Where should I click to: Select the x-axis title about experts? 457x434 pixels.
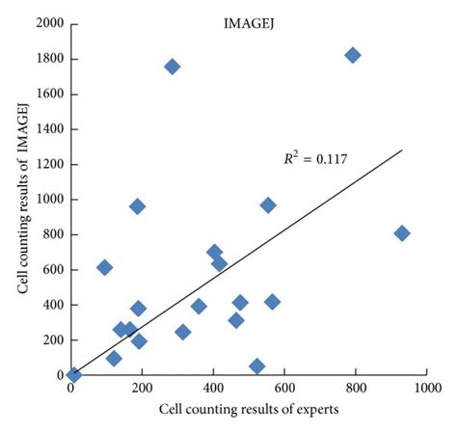[249, 412]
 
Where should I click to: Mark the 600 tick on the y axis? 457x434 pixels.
[52, 270]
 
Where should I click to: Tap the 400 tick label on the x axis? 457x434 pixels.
[213, 389]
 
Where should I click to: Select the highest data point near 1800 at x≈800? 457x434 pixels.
[353, 55]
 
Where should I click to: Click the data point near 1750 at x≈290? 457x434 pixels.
[173, 67]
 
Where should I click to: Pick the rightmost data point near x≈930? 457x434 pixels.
[402, 233]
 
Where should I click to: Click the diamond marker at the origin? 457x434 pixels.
[74, 374]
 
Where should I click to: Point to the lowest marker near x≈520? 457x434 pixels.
[256, 366]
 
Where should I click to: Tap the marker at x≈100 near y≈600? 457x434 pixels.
[105, 267]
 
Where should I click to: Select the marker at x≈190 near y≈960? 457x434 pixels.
[138, 206]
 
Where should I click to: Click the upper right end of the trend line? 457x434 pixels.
[401, 149]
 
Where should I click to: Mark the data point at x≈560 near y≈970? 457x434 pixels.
[268, 204]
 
